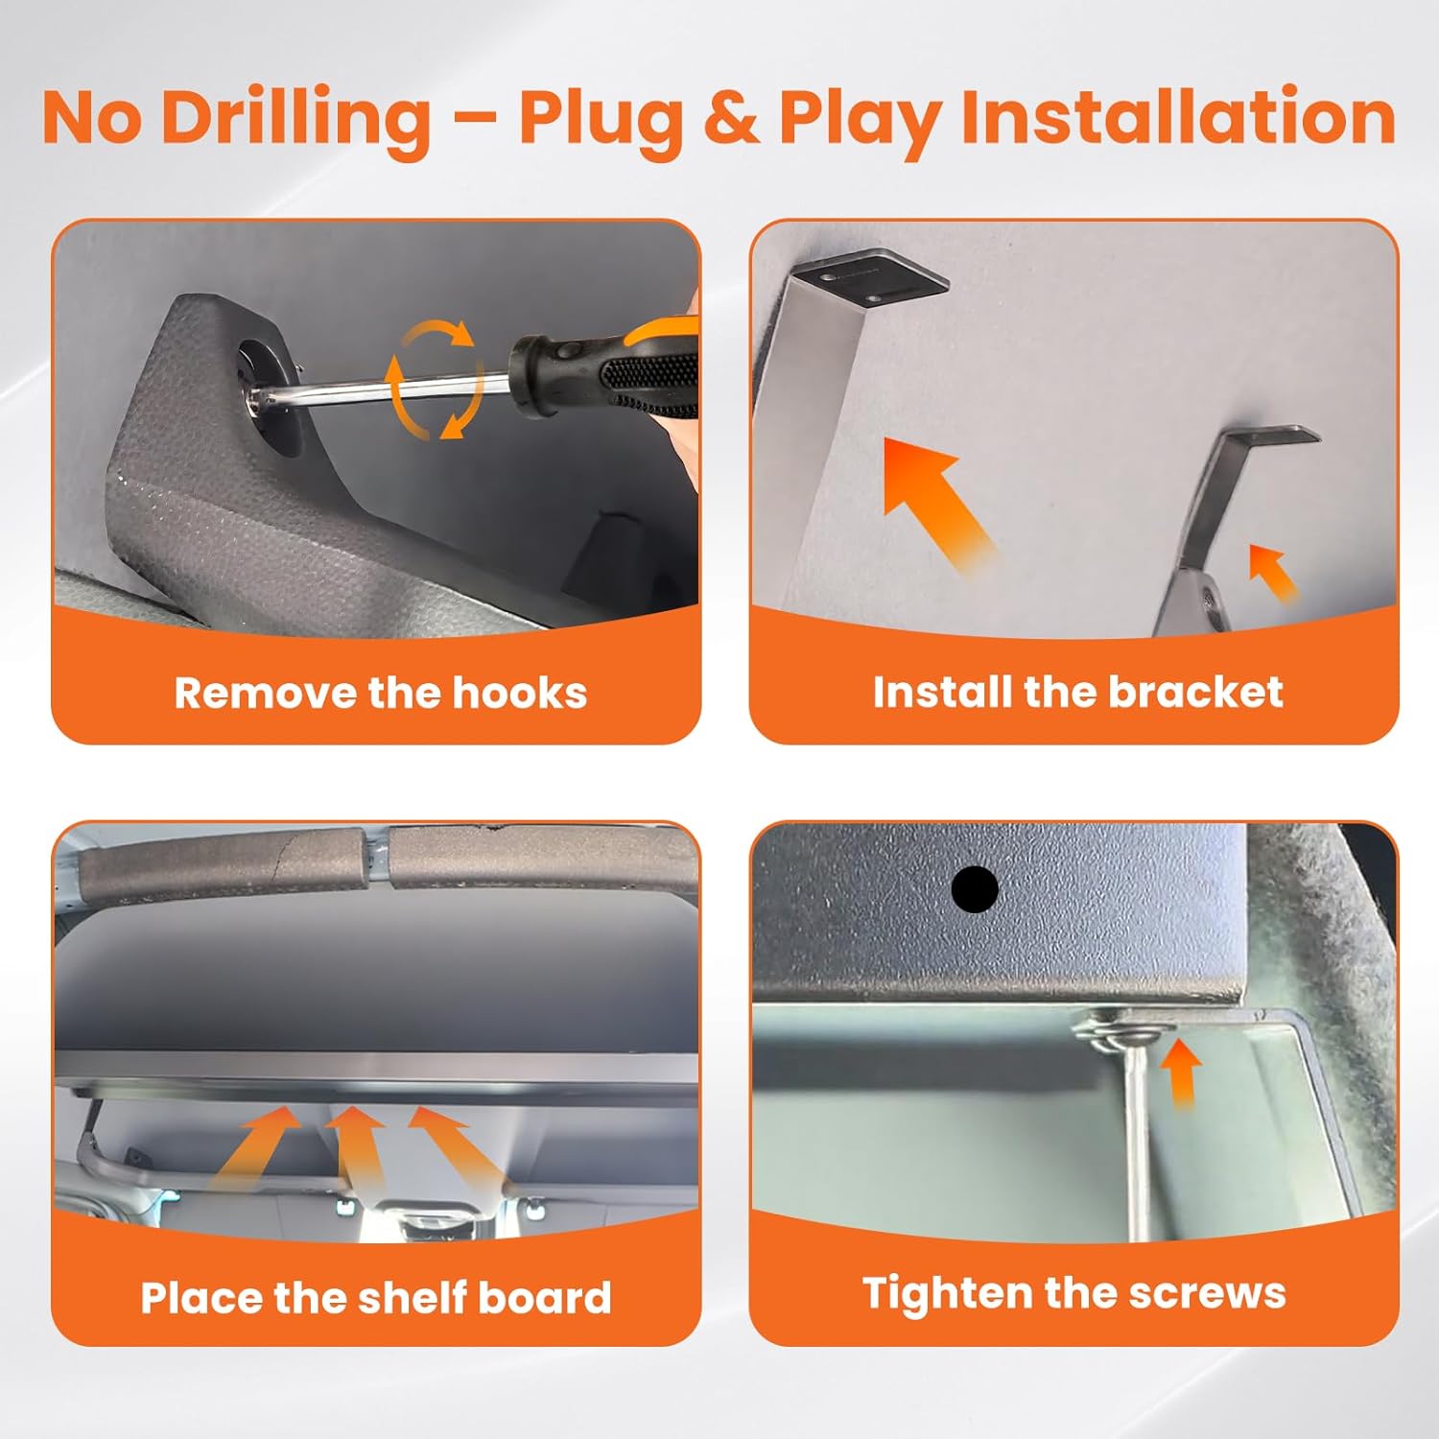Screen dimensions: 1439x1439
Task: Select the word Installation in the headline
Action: click(1178, 117)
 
